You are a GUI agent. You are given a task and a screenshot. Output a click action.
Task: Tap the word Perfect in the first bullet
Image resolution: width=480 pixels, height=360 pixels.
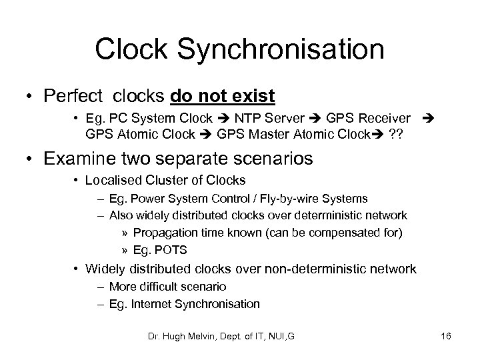tap(70, 97)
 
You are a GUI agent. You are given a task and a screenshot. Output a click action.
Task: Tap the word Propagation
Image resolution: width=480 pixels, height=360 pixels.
tap(163, 233)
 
